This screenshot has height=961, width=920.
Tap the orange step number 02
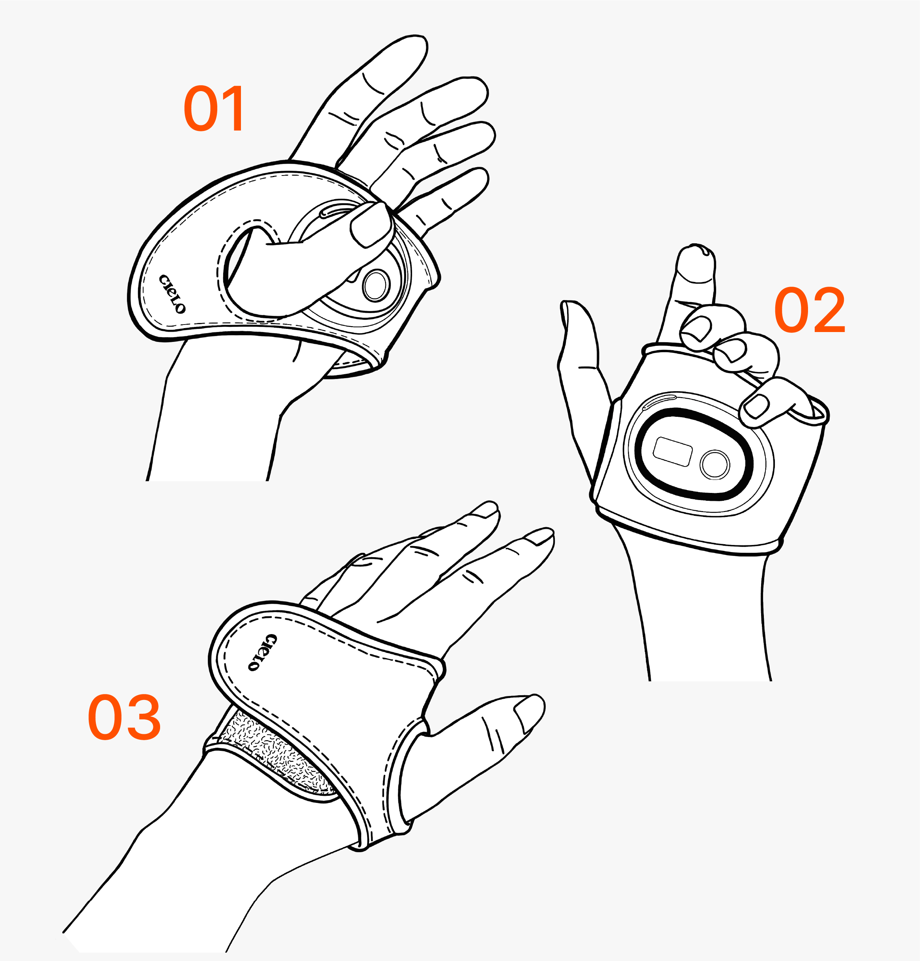pos(810,310)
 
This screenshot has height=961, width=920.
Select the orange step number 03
pos(124,717)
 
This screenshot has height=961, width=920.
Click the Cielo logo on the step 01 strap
pos(172,294)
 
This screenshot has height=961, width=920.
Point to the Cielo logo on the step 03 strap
pos(262,652)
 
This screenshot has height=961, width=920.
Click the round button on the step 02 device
pos(715,464)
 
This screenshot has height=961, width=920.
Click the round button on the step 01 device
pos(376,285)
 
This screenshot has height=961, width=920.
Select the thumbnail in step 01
pos(371,224)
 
